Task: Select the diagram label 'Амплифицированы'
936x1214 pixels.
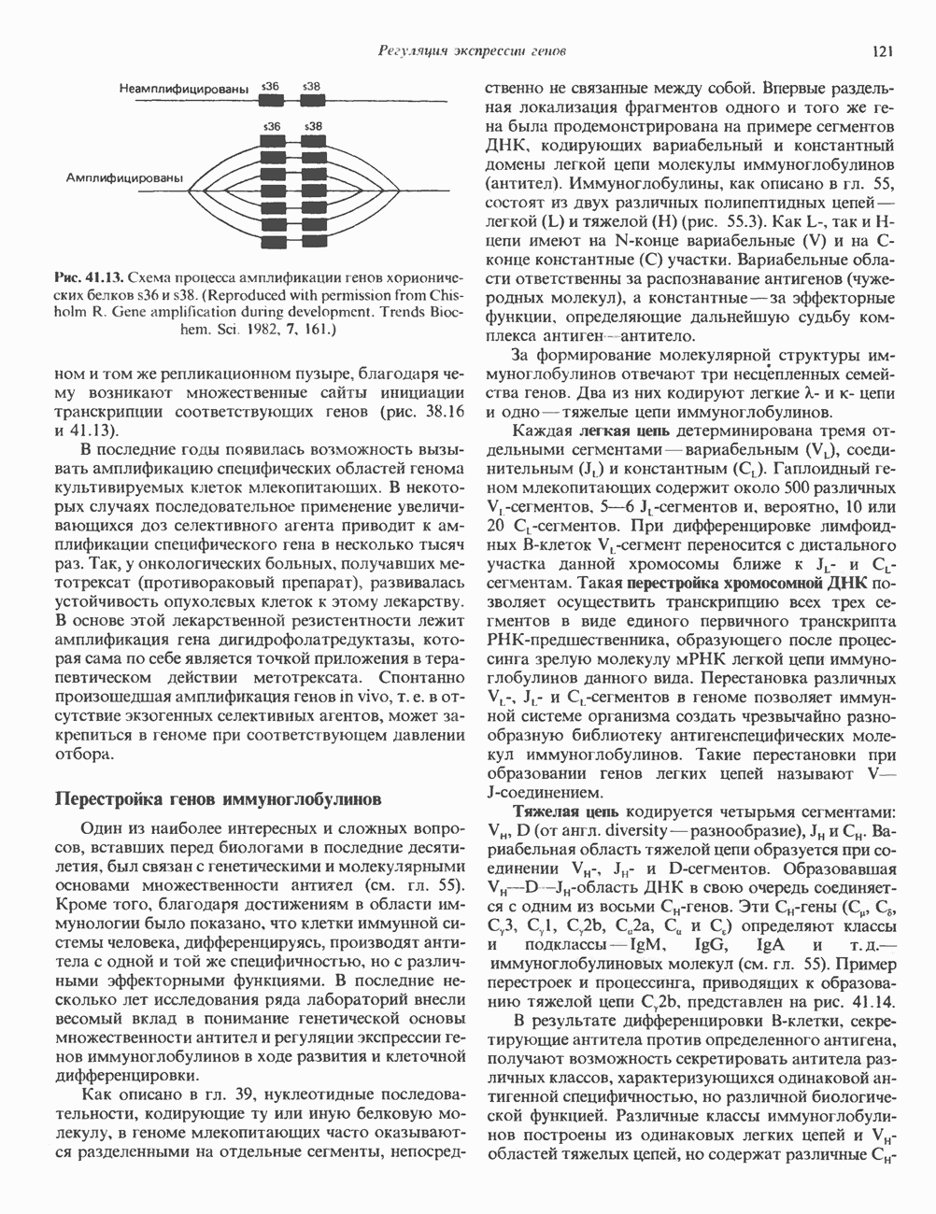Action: [125, 176]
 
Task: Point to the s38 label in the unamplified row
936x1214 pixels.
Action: [312, 86]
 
